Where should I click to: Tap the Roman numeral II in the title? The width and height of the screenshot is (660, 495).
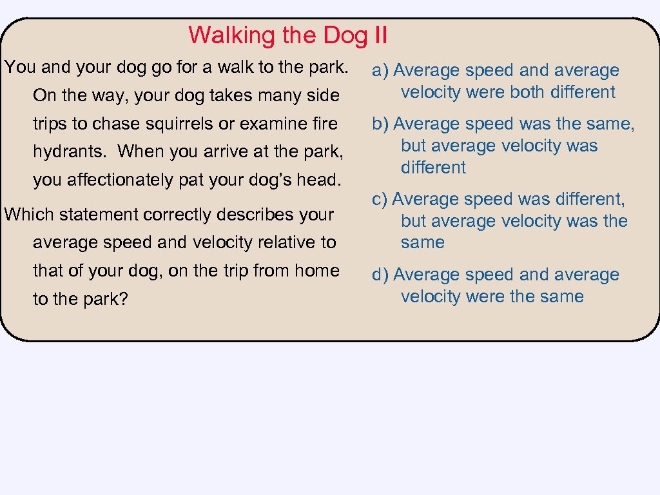click(380, 35)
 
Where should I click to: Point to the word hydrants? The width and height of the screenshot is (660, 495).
click(71, 151)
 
